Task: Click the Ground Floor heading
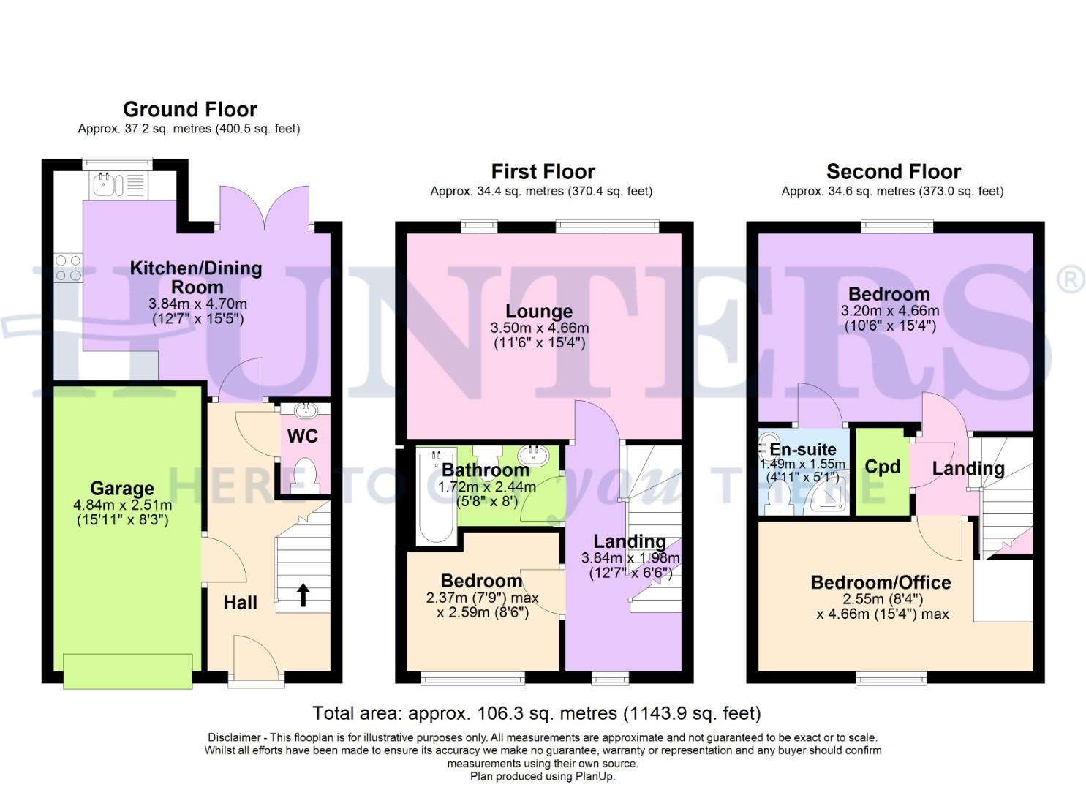[190, 110]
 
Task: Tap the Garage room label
[122, 488]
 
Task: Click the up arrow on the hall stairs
[302, 595]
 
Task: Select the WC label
[302, 437]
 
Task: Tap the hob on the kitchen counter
[68, 268]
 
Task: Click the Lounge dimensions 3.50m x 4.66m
[539, 328]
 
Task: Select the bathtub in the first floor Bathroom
[435, 497]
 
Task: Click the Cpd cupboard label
[882, 467]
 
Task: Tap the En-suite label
[802, 449]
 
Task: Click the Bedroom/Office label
[881, 582]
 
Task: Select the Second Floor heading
[893, 172]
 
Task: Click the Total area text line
[536, 713]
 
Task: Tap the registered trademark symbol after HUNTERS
[1071, 281]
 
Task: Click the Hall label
[240, 603]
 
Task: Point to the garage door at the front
[128, 671]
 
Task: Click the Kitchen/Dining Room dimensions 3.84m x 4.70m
[197, 304]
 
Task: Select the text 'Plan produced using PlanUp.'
[542, 776]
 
